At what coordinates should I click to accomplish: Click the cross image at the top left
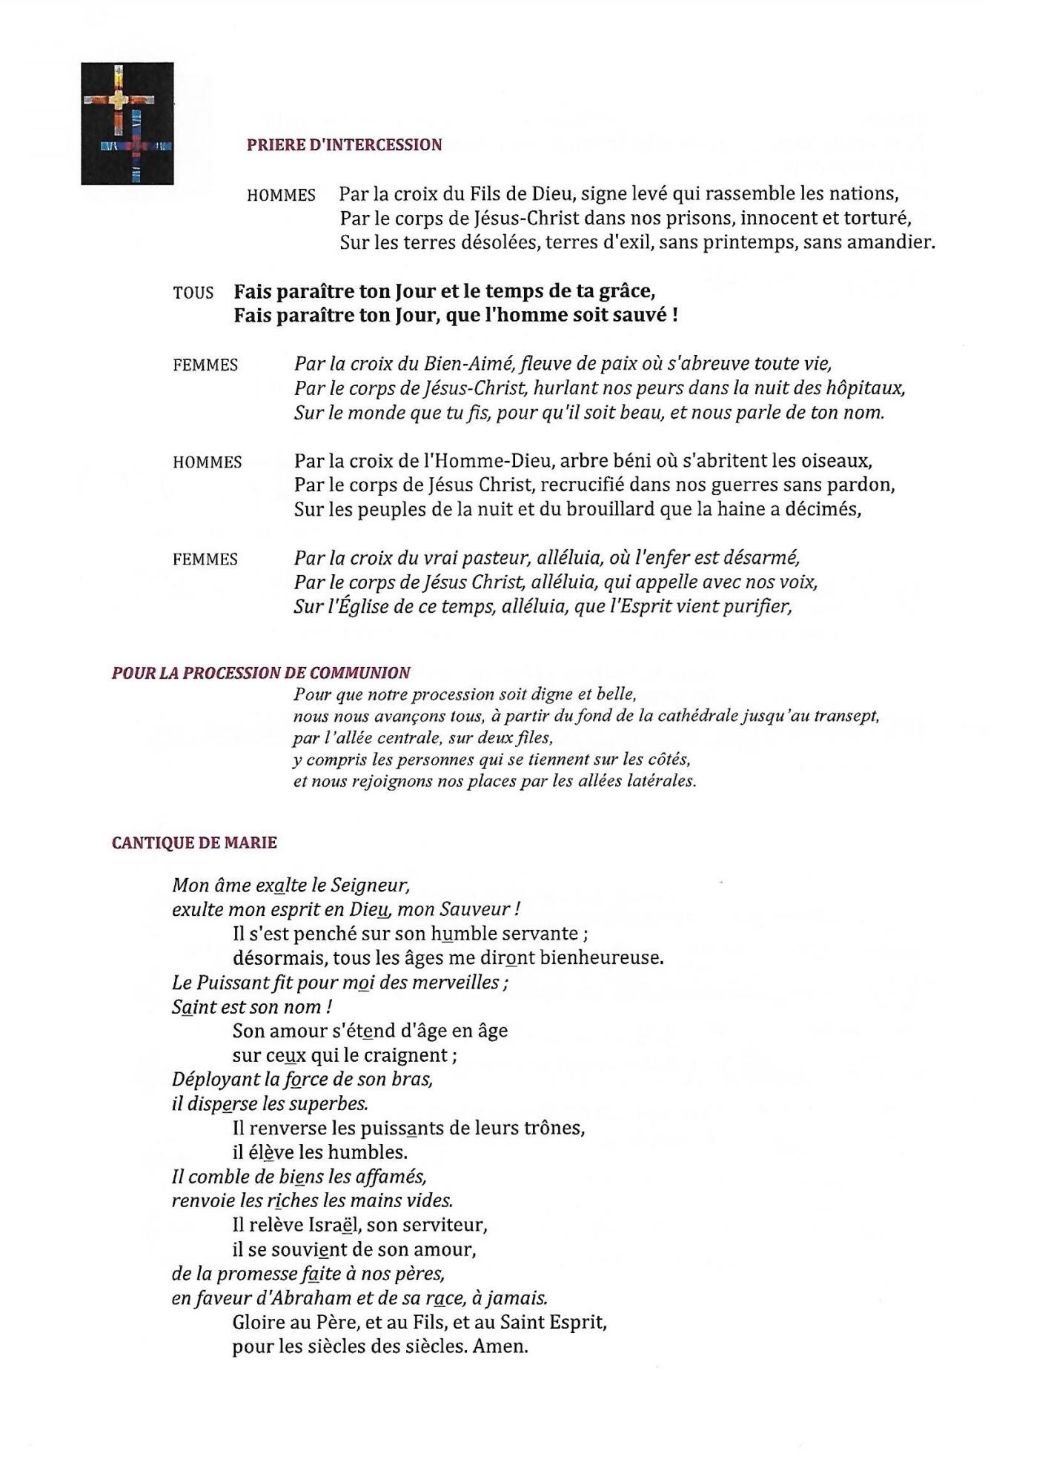point(127,123)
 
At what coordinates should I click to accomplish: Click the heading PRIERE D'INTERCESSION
point(344,144)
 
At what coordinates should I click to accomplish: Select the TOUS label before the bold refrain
point(193,293)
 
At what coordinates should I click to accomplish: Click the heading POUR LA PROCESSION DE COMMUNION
point(261,673)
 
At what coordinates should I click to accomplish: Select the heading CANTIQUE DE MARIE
point(194,843)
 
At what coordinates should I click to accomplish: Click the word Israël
point(334,1226)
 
